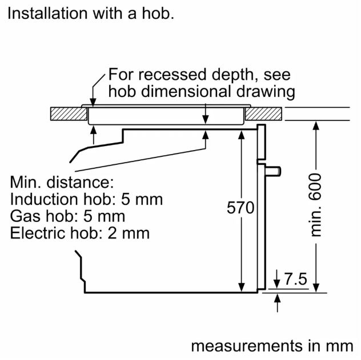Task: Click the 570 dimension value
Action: point(240,208)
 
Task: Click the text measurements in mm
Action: point(272,346)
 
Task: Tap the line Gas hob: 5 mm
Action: point(67,216)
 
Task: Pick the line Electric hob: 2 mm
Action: point(80,233)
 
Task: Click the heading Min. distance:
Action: point(63,183)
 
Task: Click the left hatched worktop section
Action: point(68,114)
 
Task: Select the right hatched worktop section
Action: point(264,114)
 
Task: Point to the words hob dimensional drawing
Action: point(201,91)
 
